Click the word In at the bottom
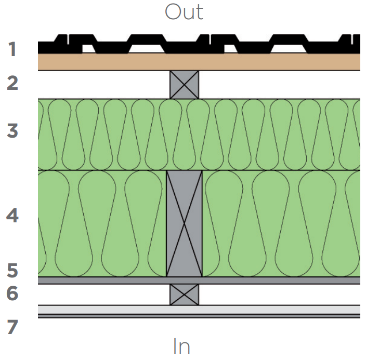click(181, 346)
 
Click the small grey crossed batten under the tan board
click(184, 85)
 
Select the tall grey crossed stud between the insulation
click(184, 223)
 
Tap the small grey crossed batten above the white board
click(184, 294)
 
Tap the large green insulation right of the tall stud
click(281, 223)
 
